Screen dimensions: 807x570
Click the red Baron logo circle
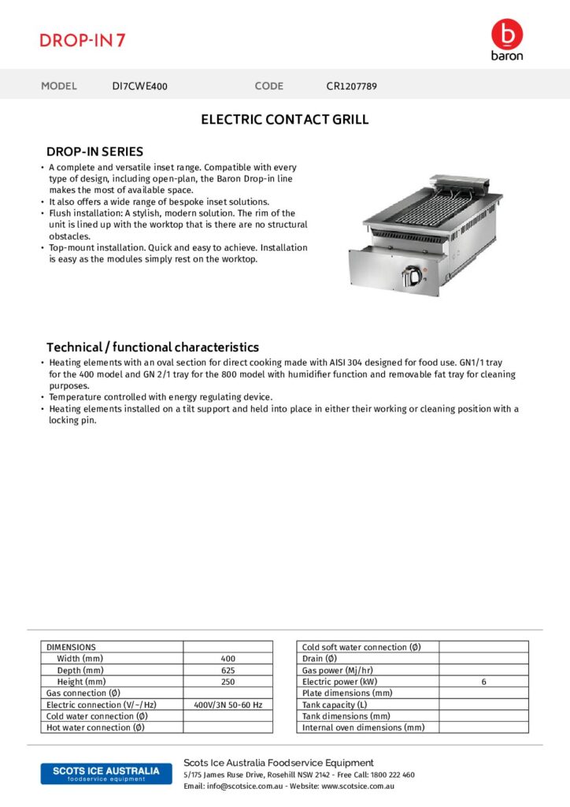tap(506, 34)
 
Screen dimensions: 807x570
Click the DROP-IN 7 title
tap(83, 40)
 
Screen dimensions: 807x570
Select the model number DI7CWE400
tap(139, 86)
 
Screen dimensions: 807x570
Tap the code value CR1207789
tap(351, 86)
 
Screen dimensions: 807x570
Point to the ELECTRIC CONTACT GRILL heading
tap(284, 120)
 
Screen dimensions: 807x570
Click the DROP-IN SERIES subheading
tap(94, 151)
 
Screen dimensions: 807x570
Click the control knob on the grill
tap(411, 275)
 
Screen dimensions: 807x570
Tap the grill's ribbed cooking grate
tap(429, 211)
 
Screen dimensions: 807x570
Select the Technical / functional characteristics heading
tap(152, 347)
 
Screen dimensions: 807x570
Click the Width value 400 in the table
tap(228, 658)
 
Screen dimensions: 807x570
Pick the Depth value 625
tap(228, 670)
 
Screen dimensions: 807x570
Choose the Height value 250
tap(228, 681)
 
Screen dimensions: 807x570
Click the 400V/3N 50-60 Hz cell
tap(228, 705)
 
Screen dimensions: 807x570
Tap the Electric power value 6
tap(483, 681)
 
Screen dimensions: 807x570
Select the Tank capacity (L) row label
tap(335, 705)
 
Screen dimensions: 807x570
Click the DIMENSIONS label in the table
tap(71, 647)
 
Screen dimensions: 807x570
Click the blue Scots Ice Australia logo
tap(105, 773)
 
